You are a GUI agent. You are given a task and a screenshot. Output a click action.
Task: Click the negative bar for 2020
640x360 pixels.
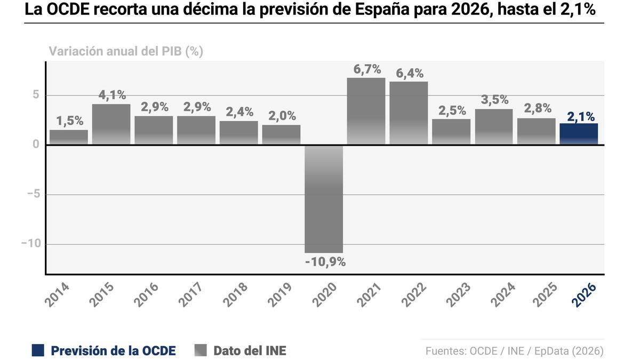coord(324,198)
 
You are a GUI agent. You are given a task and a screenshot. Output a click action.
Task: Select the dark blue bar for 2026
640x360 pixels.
coord(579,134)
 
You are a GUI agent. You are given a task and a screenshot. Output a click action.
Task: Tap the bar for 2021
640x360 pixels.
coord(366,111)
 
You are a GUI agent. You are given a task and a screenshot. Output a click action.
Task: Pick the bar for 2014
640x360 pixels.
coord(69,137)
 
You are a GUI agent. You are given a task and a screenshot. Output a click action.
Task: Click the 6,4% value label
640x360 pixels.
coord(410,74)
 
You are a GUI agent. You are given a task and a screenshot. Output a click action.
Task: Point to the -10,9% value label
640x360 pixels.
coord(325,262)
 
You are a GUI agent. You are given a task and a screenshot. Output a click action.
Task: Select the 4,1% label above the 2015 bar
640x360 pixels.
coord(112,95)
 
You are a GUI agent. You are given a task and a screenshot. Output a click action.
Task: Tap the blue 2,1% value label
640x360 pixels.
coord(581,117)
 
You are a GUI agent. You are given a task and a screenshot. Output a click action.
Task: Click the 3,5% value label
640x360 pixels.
coord(494,100)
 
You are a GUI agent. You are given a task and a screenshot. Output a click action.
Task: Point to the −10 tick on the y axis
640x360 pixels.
coord(31,244)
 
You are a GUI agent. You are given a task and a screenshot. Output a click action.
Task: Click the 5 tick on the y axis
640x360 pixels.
coord(36,95)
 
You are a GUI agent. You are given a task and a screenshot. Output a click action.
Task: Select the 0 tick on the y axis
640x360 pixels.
coord(36,145)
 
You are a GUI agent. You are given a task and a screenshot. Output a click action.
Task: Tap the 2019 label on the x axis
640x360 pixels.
coord(280,294)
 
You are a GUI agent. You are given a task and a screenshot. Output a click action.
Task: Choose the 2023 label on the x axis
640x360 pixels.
coord(458,294)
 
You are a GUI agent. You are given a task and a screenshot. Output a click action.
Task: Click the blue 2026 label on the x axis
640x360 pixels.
coord(583,294)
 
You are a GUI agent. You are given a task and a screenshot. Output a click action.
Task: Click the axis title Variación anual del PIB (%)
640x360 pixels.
coord(126,51)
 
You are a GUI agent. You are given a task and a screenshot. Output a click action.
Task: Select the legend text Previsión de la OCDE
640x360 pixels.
coord(113,350)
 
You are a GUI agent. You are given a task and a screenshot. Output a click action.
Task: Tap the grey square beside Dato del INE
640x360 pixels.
coord(201,350)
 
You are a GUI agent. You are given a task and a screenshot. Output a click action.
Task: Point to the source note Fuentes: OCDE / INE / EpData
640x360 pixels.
coord(514,351)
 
